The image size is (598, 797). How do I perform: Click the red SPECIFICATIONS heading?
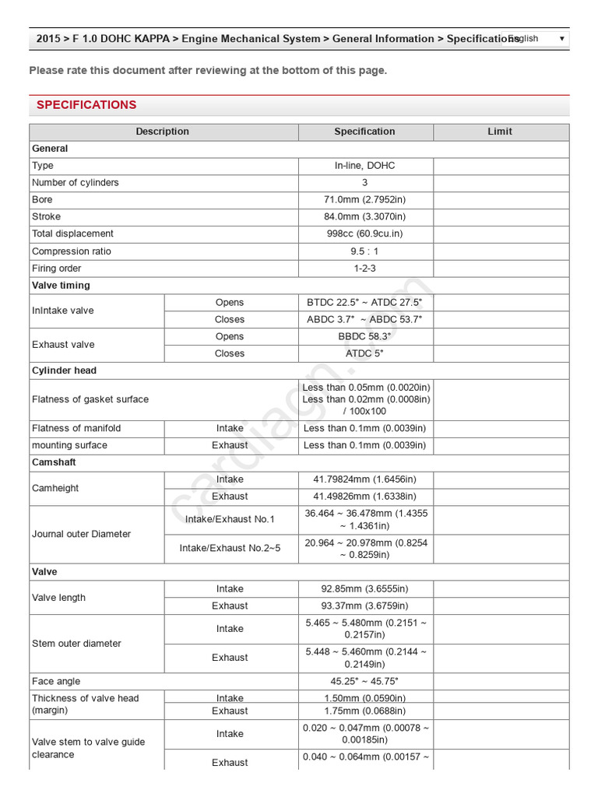click(86, 105)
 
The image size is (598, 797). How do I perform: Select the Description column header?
click(162, 132)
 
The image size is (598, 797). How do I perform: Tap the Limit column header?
click(500, 132)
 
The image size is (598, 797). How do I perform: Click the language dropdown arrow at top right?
click(562, 38)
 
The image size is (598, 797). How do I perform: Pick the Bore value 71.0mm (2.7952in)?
click(365, 200)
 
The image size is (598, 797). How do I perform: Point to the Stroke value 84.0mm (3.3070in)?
click(365, 217)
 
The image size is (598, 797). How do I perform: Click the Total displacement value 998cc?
click(365, 234)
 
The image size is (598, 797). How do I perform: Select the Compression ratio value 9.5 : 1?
click(365, 251)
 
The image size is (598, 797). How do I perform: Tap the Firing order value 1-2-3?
click(365, 269)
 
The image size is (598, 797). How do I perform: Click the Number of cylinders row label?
click(76, 183)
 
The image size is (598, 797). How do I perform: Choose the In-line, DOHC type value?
click(365, 166)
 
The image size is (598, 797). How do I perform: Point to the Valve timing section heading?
click(61, 286)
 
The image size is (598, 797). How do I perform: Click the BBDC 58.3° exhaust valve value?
click(365, 337)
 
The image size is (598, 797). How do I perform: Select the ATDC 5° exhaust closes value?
click(365, 354)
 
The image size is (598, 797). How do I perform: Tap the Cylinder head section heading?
click(64, 371)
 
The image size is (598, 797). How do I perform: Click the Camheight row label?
click(55, 489)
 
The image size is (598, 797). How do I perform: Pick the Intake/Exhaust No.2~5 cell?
click(230, 549)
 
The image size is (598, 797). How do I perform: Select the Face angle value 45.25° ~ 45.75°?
click(365, 682)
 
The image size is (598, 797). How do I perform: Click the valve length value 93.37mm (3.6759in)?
click(365, 606)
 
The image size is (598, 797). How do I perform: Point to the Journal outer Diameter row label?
click(81, 535)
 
